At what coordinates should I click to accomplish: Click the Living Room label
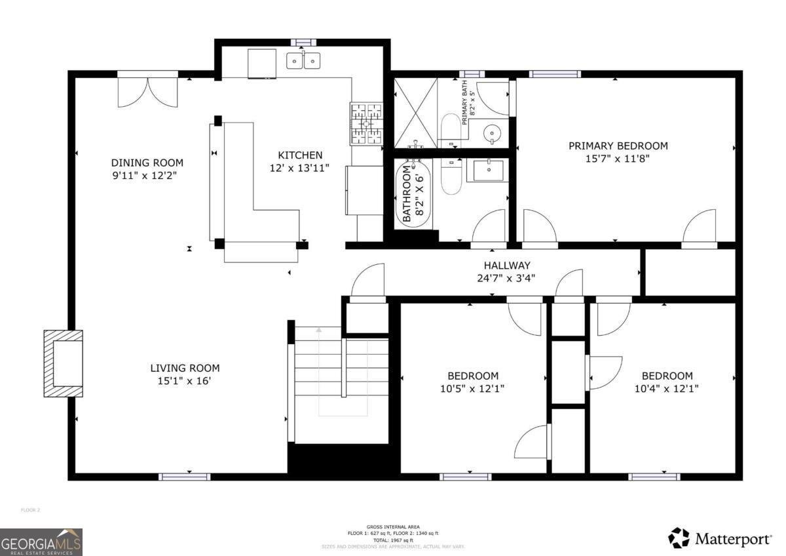185,368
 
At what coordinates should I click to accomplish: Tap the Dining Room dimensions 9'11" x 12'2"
147,176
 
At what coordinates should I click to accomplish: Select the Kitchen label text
300,155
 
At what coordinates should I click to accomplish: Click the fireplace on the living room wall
64,363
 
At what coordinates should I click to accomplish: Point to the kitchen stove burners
366,123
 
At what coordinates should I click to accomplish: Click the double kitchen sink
303,61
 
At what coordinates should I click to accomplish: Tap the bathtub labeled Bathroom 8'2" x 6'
413,194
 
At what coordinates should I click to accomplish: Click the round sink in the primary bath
493,134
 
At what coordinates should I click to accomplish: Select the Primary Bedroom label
618,146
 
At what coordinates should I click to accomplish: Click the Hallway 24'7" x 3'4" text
506,266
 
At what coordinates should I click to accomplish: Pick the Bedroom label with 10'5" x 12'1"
472,376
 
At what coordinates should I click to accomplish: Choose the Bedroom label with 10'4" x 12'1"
666,376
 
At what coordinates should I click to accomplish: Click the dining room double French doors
147,92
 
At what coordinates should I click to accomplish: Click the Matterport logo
720,539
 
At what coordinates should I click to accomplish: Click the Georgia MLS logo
41,542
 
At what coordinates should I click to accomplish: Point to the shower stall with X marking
414,113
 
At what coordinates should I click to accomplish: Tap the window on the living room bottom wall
184,477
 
